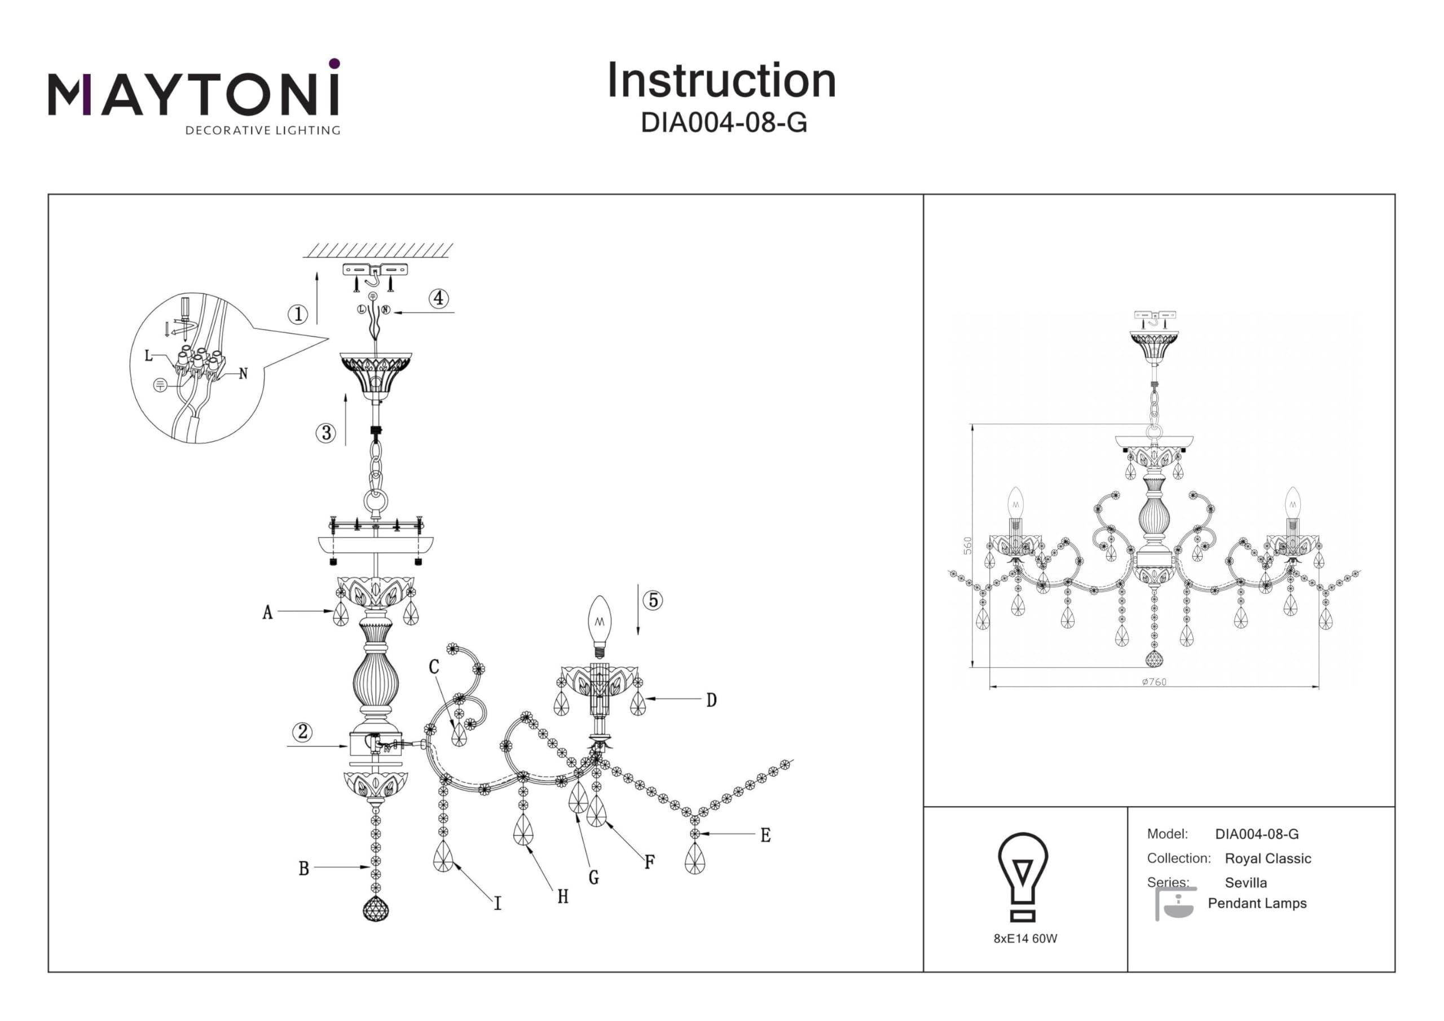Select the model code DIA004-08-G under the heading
723,122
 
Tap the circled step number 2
302,732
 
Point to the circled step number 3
326,433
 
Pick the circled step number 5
653,600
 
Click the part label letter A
268,612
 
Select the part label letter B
304,869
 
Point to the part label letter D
711,700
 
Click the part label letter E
765,835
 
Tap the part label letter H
563,897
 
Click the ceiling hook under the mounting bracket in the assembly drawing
375,277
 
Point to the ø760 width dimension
1154,682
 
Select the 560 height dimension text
968,545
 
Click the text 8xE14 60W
1025,939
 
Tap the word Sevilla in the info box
1246,883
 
